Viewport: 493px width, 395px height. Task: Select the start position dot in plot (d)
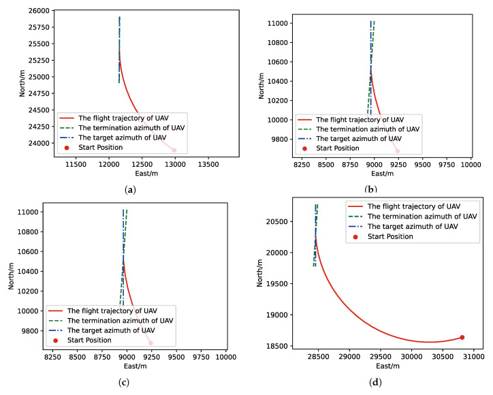click(x=462, y=337)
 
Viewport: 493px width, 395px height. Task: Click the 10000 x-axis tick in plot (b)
click(x=471, y=164)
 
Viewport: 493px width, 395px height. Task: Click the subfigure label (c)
click(x=123, y=381)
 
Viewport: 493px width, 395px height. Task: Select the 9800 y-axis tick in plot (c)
click(x=28, y=331)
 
